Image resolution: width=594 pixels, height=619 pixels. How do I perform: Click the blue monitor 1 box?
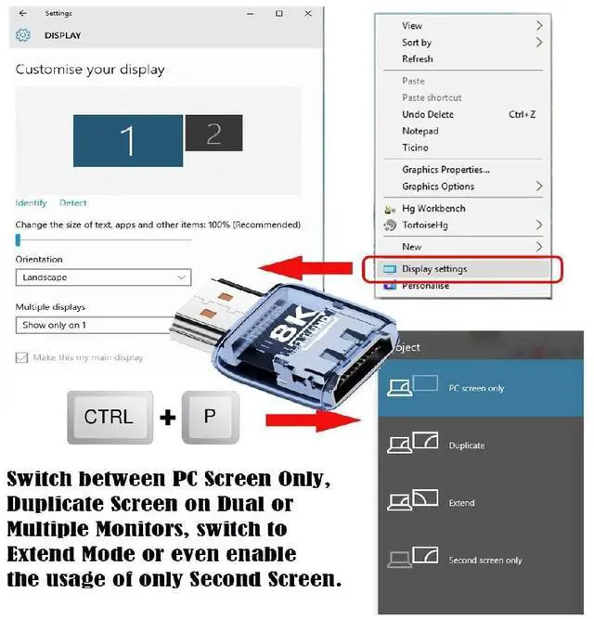coord(127,140)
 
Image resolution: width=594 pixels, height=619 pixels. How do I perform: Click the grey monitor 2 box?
coord(213,134)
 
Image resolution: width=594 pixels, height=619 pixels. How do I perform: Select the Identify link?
coord(31,203)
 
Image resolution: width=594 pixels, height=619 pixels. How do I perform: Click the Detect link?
coord(73,203)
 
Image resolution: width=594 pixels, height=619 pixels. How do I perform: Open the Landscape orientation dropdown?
coord(103,277)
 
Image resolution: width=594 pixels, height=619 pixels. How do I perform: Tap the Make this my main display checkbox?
coord(22,357)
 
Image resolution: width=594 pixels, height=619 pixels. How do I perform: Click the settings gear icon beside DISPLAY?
coord(23,35)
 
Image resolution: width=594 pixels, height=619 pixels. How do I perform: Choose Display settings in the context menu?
coord(434,269)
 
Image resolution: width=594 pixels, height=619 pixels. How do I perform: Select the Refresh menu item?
coord(418,59)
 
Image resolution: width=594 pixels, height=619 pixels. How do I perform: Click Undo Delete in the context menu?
coord(428,114)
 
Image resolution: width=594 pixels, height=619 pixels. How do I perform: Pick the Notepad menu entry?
coord(420,131)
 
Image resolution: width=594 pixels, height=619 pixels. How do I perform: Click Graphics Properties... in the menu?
coord(445,170)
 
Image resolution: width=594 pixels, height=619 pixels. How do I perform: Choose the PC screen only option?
coord(476,388)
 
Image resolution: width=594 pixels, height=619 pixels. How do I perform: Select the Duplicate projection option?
coord(467,445)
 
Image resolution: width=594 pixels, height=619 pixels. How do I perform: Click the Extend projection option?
coord(461,503)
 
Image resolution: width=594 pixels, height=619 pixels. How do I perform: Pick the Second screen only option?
coord(484,561)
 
